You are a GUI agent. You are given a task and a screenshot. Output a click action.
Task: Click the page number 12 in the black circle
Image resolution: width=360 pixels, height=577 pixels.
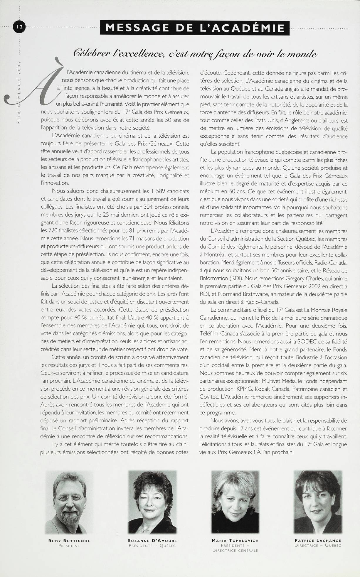pyautogui.click(x=20, y=27)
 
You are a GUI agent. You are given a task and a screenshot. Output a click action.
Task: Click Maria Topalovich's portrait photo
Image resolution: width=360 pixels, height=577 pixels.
pyautogui.click(x=235, y=503)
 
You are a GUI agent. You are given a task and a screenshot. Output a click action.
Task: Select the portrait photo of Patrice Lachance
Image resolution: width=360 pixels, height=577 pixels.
pyautogui.click(x=318, y=502)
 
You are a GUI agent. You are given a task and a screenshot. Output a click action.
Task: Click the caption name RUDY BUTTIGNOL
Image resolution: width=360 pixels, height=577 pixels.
pyautogui.click(x=69, y=541)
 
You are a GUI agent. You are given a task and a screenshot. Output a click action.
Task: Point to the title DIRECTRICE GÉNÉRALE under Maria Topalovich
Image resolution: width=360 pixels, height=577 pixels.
pyautogui.click(x=235, y=550)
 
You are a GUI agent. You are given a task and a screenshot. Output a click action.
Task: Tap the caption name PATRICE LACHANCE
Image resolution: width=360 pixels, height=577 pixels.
pyautogui.click(x=318, y=540)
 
